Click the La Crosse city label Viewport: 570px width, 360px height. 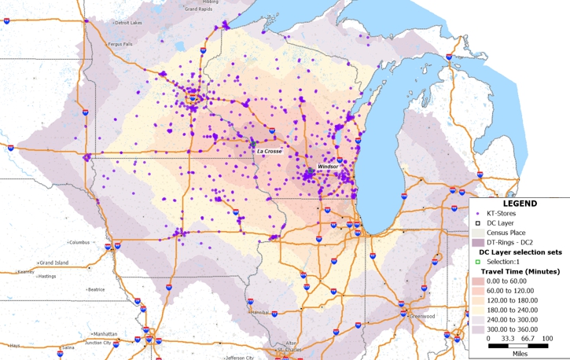pos(269,150)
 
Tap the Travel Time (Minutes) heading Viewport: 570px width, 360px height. pos(520,270)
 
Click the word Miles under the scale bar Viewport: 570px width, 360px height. pos(517,352)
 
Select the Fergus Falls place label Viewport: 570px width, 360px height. pos(123,45)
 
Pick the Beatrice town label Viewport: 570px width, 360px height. pos(97,289)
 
